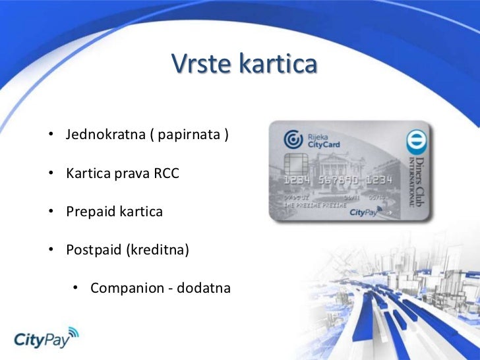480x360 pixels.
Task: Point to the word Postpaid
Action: tap(93, 251)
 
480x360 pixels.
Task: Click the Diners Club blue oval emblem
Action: tap(416, 142)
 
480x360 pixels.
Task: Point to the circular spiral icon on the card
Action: tap(293, 140)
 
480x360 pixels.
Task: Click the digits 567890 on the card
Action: tap(336, 180)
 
